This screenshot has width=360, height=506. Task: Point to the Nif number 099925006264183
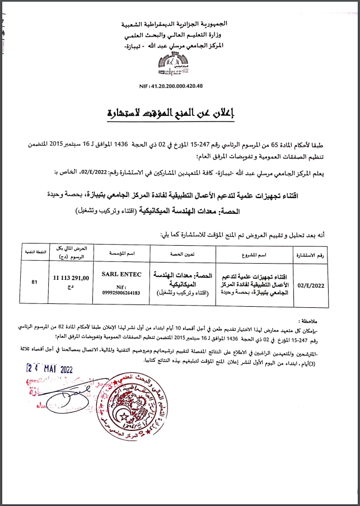tap(121, 292)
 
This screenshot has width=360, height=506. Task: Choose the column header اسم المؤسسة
tap(121, 254)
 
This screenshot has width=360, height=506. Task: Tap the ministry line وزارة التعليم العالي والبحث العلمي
tap(180, 35)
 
